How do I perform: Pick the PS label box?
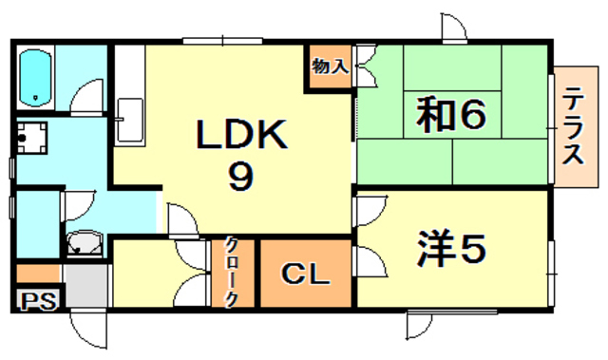39,302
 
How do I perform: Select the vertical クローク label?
232,271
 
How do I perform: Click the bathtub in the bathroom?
37,77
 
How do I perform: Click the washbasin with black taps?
35,139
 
